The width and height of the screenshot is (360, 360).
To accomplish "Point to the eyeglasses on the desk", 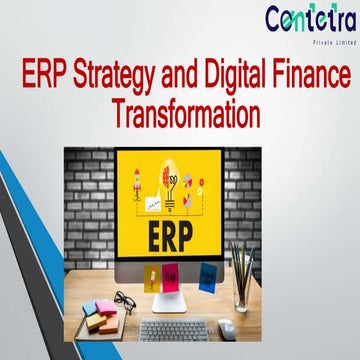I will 121,301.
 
